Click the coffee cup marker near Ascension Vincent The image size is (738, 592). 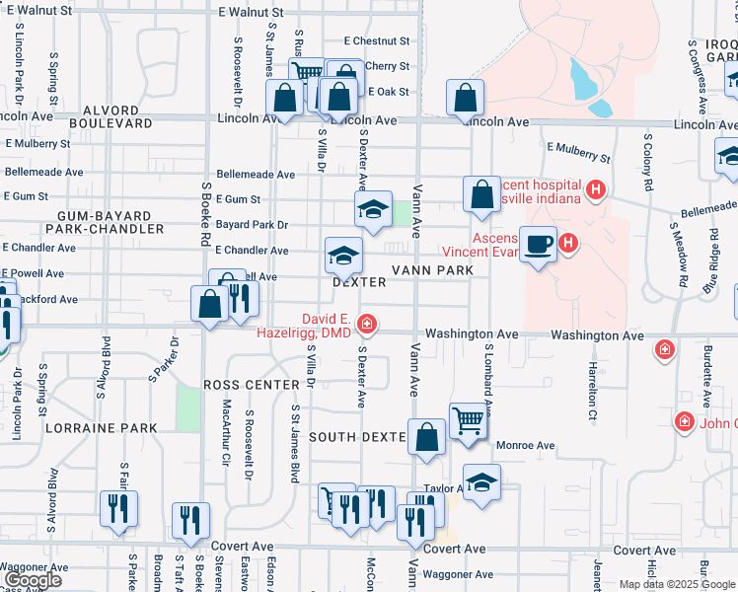(x=538, y=244)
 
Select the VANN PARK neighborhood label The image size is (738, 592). (x=427, y=269)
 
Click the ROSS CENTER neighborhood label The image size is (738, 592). (x=251, y=384)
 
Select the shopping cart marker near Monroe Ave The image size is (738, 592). (x=467, y=419)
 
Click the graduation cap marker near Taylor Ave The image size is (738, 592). (x=480, y=483)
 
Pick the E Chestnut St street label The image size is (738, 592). (x=376, y=41)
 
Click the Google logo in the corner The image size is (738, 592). (x=32, y=580)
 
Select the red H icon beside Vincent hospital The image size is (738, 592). (x=595, y=188)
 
